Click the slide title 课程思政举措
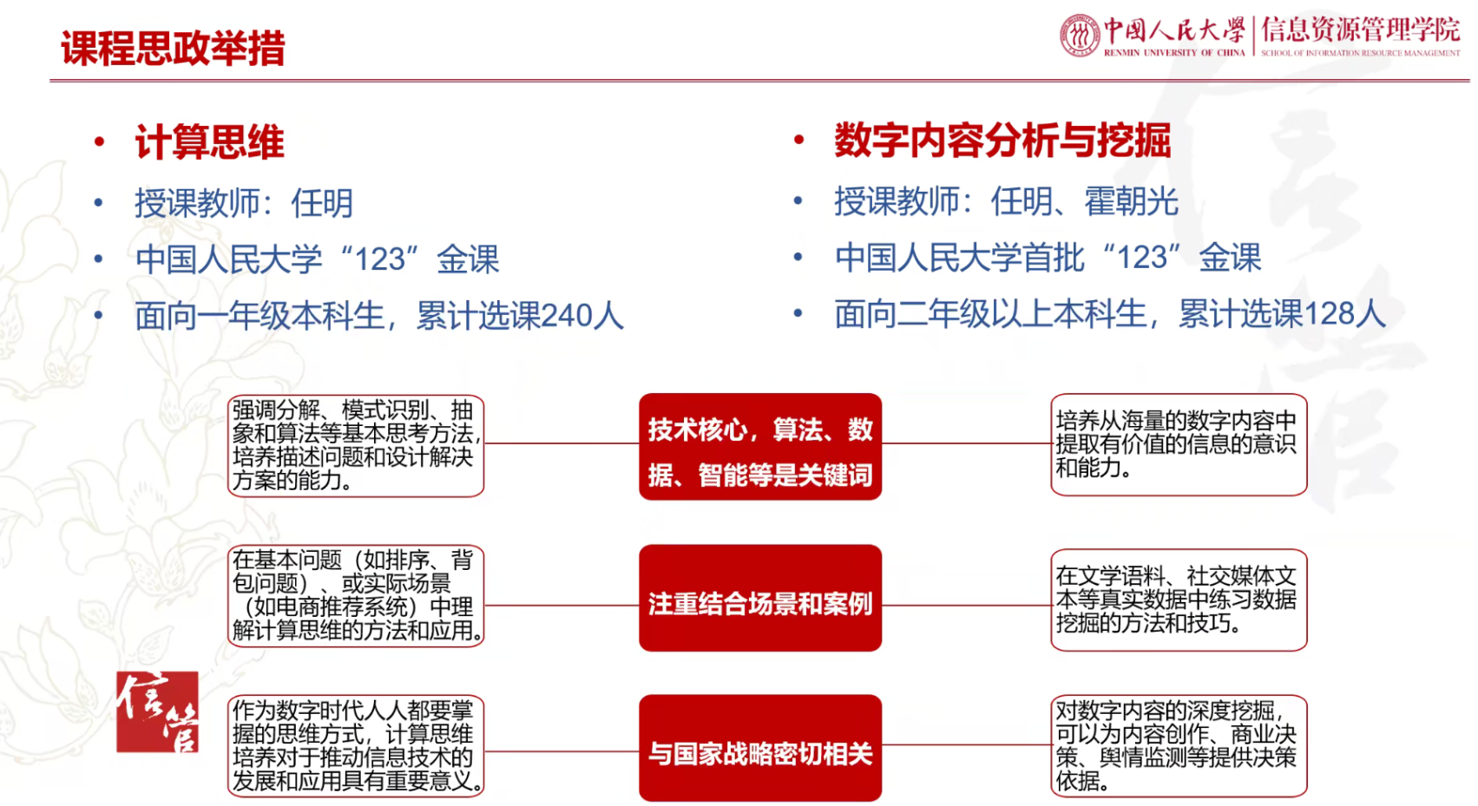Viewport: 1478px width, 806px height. click(173, 48)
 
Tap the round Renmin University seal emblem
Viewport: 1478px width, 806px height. click(1080, 35)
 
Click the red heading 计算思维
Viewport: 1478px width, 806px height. click(210, 141)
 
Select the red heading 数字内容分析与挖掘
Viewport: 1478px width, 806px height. click(1003, 140)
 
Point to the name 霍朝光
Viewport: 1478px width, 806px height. click(1132, 201)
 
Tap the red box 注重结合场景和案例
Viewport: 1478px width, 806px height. click(760, 598)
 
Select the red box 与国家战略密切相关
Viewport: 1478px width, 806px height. click(760, 748)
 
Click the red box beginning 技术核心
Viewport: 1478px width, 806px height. click(760, 447)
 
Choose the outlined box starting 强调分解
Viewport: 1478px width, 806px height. click(356, 446)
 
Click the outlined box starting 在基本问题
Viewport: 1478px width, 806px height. click(356, 595)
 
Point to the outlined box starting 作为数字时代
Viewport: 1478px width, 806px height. click(356, 746)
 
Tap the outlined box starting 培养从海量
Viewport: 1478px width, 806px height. click(1179, 444)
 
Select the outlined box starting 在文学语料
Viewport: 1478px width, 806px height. click(1179, 600)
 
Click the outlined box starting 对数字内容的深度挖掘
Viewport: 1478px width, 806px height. click(1179, 746)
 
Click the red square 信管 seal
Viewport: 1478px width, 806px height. click(158, 711)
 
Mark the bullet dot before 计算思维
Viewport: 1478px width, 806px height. click(100, 141)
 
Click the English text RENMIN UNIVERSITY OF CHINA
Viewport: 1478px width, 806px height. click(1174, 53)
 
